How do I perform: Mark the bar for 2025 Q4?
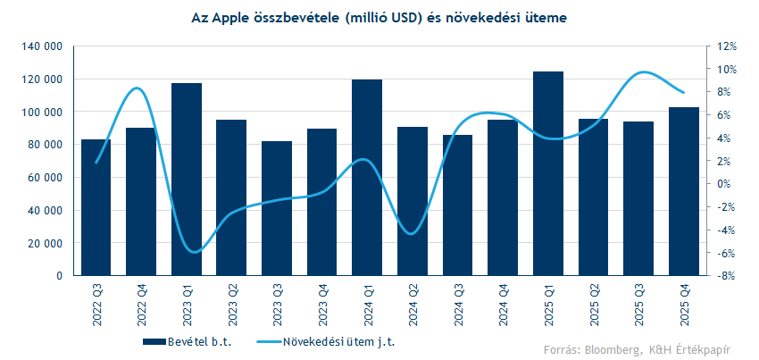click(684, 191)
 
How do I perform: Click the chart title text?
click(379, 18)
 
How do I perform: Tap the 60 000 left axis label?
click(44, 178)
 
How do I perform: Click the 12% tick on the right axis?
click(726, 46)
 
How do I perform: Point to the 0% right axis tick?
click(726, 184)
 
